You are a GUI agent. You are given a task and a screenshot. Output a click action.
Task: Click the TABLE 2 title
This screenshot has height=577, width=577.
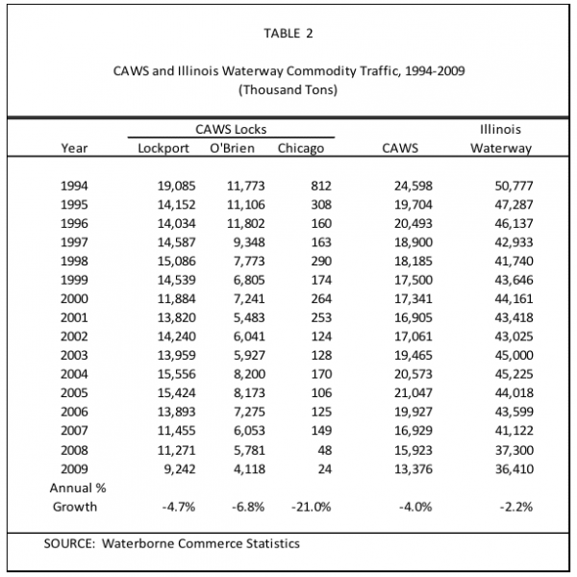288,34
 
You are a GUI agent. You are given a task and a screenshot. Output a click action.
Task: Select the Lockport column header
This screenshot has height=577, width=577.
163,148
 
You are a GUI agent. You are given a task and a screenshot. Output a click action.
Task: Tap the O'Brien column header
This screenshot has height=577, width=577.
232,148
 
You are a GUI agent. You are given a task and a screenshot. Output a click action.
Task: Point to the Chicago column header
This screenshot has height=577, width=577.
301,148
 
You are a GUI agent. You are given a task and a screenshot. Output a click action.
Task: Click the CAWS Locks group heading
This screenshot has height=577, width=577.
231,129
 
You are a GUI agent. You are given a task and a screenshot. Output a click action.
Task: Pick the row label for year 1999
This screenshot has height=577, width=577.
74,280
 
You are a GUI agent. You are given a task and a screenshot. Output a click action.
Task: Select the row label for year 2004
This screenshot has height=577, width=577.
74,374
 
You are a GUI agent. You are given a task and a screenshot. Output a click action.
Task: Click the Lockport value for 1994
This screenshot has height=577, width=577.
177,186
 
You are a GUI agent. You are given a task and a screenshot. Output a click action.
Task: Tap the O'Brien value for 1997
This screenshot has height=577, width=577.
249,242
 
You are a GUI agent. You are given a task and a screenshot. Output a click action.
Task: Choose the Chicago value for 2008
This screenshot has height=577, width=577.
324,450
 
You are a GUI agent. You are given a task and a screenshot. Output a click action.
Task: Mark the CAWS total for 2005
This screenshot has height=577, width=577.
414,393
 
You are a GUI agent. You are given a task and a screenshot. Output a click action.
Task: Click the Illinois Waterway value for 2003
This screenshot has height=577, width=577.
514,356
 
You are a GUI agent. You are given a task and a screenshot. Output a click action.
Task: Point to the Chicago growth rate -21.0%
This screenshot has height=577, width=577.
312,507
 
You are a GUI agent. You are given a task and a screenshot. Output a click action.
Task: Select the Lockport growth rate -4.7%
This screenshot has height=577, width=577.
179,507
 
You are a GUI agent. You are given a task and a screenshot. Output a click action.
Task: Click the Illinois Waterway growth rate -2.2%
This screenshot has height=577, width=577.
516,507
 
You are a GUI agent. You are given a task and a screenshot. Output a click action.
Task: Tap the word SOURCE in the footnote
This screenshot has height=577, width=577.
69,543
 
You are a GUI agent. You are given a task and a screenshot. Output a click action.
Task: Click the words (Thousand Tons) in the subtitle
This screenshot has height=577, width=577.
288,89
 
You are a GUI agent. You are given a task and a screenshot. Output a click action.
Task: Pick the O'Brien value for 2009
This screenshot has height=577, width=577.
249,469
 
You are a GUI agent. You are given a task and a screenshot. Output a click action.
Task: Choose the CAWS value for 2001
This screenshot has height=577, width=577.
414,317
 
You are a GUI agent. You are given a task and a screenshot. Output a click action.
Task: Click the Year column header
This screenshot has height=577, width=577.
74,148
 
